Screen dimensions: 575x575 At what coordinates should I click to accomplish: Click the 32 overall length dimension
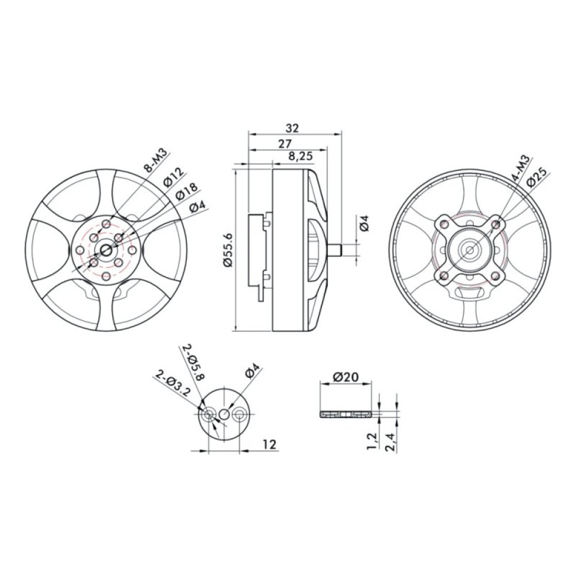(292, 128)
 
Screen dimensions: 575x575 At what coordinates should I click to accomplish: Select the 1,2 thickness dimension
(372, 440)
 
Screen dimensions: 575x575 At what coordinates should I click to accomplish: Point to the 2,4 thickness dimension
(392, 440)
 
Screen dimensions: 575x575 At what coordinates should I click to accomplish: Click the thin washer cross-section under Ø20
(346, 413)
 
